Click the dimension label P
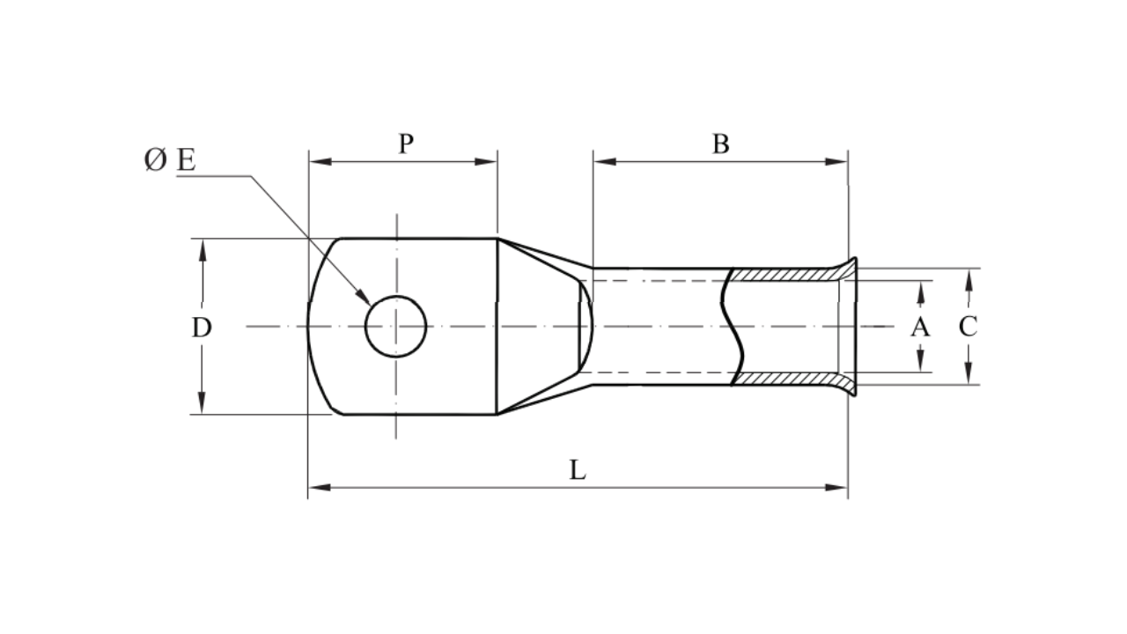pyautogui.click(x=405, y=144)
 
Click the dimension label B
pyautogui.click(x=720, y=144)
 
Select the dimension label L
pyautogui.click(x=577, y=470)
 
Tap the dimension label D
pyautogui.click(x=202, y=328)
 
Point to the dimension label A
pyautogui.click(x=919, y=328)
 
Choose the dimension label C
pyautogui.click(x=968, y=327)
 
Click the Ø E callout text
pyautogui.click(x=170, y=160)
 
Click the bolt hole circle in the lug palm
pyautogui.click(x=396, y=327)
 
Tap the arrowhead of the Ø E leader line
pyautogui.click(x=365, y=299)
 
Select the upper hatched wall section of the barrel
pyautogui.click(x=784, y=275)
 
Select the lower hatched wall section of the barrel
pyautogui.click(x=784, y=379)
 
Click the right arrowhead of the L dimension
pyautogui.click(x=838, y=486)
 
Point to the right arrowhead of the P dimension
pyautogui.click(x=489, y=161)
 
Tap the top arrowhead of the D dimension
pyautogui.click(x=203, y=247)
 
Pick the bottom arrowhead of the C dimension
pyautogui.click(x=968, y=376)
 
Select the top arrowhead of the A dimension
pyautogui.click(x=920, y=290)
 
